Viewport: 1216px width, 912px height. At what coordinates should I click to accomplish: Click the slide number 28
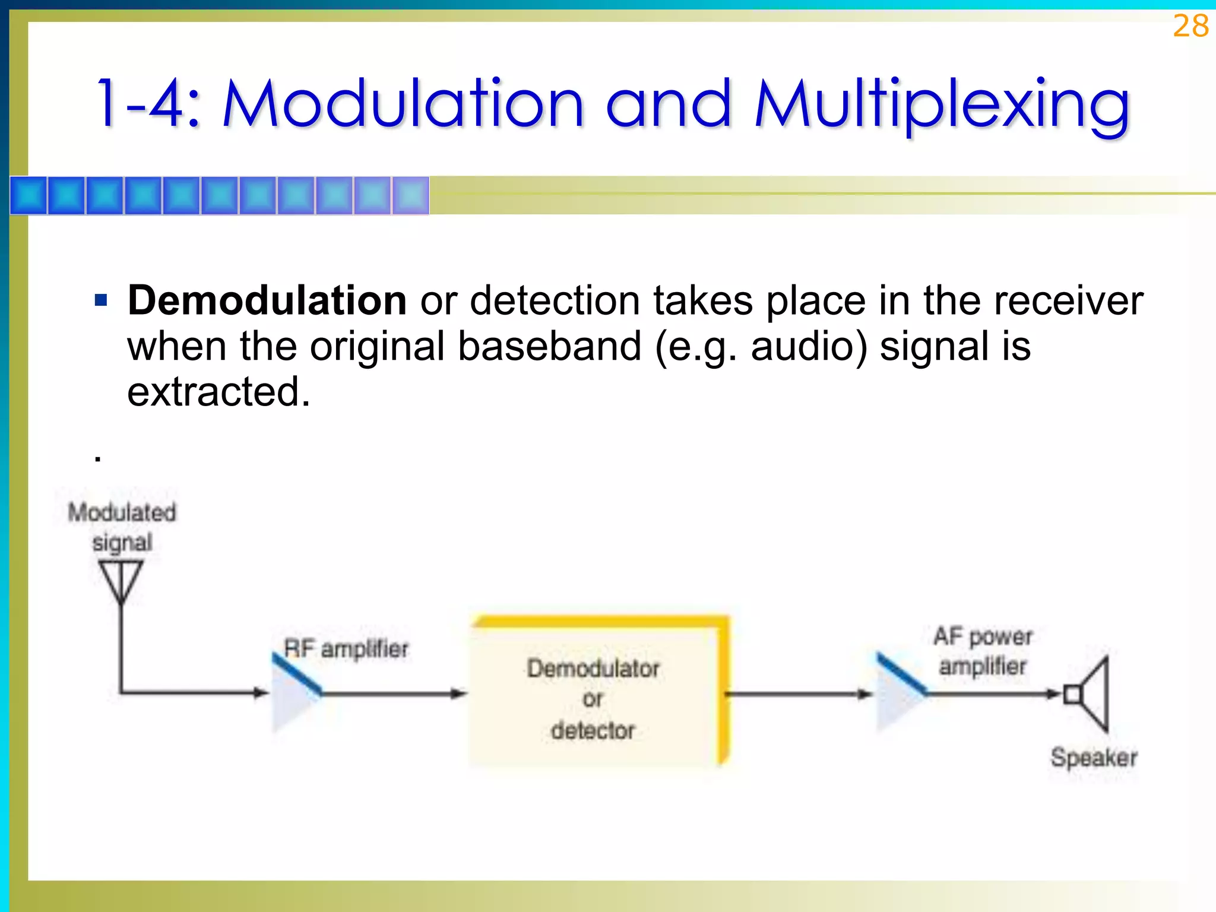[x=1190, y=27]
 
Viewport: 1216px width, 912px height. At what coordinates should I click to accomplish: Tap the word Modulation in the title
[x=403, y=105]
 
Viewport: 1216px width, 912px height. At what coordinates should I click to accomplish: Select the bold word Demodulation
[x=267, y=300]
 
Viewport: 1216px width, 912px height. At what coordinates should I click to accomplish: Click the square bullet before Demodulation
[x=101, y=300]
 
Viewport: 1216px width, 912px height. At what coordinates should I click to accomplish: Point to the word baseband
[x=549, y=347]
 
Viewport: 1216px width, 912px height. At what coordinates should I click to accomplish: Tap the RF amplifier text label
[x=346, y=649]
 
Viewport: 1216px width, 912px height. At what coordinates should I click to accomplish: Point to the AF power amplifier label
[x=983, y=651]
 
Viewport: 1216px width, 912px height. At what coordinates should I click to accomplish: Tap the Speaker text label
[x=1094, y=758]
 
